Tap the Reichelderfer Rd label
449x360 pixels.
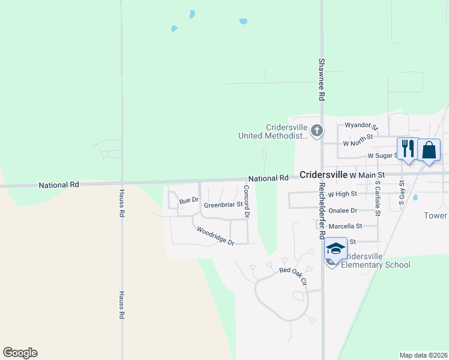tap(322, 206)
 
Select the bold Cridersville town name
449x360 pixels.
tap(323, 174)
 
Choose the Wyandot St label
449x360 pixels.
tap(361, 127)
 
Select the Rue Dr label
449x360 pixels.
tap(188, 200)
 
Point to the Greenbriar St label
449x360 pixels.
tap(223, 205)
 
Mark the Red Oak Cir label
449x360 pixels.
tap(293, 270)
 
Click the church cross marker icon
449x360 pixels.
tap(318, 130)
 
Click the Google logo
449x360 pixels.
tap(20, 353)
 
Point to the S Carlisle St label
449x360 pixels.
tap(378, 198)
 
